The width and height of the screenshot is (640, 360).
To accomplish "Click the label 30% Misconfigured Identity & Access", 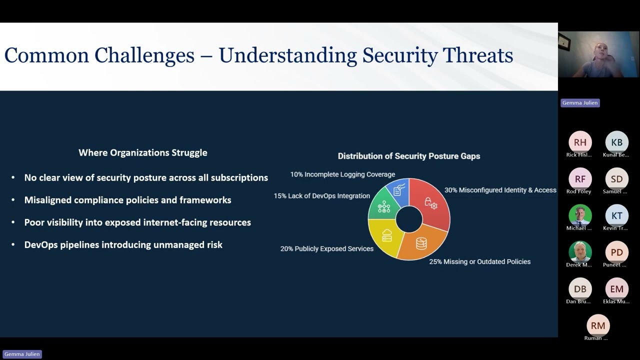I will pos(500,190).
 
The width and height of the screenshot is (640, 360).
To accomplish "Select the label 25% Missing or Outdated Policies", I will pos(479,261).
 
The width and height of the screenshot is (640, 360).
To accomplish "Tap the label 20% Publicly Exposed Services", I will pos(326,248).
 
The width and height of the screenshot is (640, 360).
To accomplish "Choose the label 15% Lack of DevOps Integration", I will pos(321,196).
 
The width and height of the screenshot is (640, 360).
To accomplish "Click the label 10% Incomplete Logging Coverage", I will pos(342,174).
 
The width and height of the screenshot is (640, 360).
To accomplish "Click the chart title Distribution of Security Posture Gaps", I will pos(408,156).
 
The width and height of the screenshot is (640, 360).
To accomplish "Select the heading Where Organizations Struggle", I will pos(142,153).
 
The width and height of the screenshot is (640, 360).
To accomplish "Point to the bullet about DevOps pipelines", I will pos(123,244).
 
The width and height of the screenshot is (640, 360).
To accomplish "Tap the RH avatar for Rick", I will pos(580,142).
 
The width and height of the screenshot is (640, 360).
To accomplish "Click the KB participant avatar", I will pos(616,142).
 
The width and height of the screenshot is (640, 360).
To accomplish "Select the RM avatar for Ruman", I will pos(598,325).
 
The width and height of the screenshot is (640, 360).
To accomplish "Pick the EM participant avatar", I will pos(616,289).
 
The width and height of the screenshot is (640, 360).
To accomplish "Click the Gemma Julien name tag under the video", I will pos(580,102).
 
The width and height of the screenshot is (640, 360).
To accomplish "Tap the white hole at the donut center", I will pos(409,219).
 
